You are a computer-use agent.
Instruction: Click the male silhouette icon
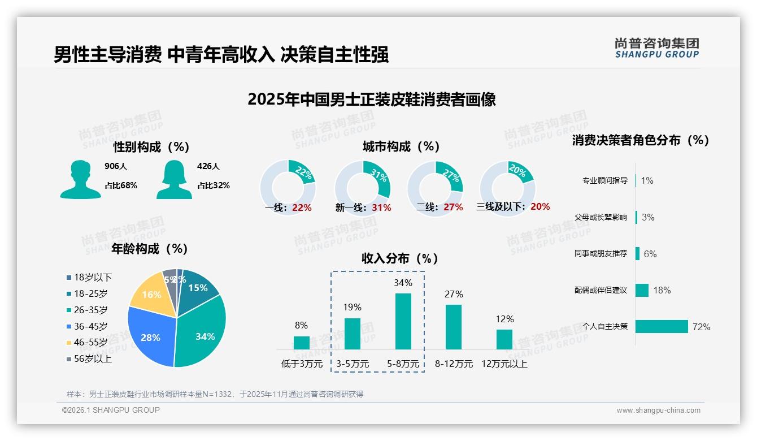pyautogui.click(x=80, y=180)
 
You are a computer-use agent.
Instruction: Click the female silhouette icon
pyautogui.click(x=174, y=180)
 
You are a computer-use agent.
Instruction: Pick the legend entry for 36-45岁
pyautogui.click(x=90, y=326)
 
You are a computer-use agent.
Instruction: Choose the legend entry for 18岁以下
pyautogui.click(x=92, y=277)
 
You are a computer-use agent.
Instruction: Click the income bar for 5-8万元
pyautogui.click(x=403, y=321)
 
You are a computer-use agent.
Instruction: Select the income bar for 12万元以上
pyautogui.click(x=504, y=339)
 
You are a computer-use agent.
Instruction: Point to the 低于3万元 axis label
pyautogui.click(x=302, y=364)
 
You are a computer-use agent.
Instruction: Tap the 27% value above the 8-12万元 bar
pyautogui.click(x=454, y=294)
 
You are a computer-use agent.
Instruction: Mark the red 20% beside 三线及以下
pyautogui.click(x=540, y=207)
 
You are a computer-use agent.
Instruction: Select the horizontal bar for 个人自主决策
pyautogui.click(x=662, y=327)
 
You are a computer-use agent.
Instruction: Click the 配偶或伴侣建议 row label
pyautogui.click(x=601, y=290)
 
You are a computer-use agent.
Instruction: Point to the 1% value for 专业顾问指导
pyautogui.click(x=647, y=181)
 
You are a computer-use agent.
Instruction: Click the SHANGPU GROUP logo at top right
pyautogui.click(x=656, y=48)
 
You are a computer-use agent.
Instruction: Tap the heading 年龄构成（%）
pyautogui.click(x=150, y=249)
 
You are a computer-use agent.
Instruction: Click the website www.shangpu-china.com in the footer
pyautogui.click(x=658, y=410)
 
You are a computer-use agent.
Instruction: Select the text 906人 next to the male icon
pyautogui.click(x=116, y=166)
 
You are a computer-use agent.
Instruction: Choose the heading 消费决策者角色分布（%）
pyautogui.click(x=641, y=140)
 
